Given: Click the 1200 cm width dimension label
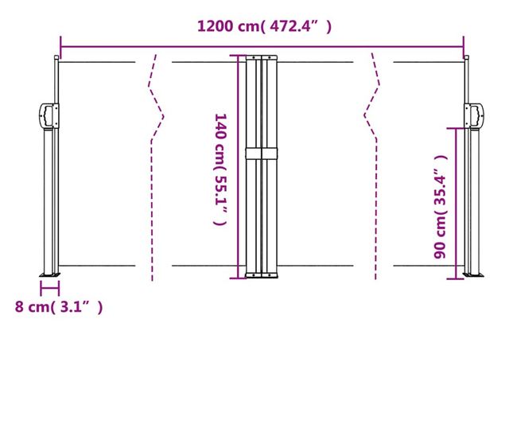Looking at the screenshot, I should coord(265,26).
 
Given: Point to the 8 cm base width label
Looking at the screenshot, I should coord(58,306).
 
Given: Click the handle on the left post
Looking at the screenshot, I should coord(47,116).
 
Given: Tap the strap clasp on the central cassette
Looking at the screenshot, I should coord(261,153).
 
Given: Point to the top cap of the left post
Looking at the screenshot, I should coord(56,58).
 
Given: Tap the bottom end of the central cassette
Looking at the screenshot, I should coord(261,275).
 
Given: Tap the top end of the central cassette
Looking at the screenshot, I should coord(261,56).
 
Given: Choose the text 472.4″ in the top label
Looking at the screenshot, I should coord(298,26).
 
